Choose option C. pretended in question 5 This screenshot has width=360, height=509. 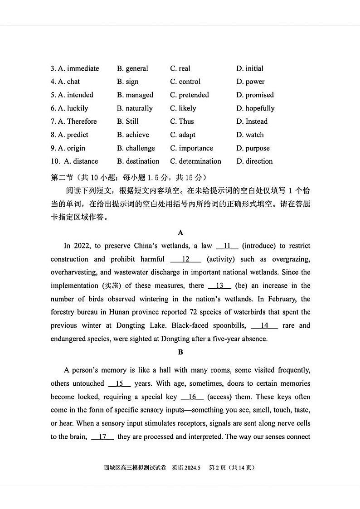pos(190,95)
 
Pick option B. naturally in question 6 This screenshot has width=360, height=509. pos(135,108)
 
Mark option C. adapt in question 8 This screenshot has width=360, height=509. pos(183,135)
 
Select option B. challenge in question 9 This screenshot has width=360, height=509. pos(136,148)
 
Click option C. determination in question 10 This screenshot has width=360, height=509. pos(195,161)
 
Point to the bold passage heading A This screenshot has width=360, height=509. pos(180,233)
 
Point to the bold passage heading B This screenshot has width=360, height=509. pos(180,352)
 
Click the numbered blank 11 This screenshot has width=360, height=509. pos(227,246)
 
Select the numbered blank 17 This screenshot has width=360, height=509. pos(102,436)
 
